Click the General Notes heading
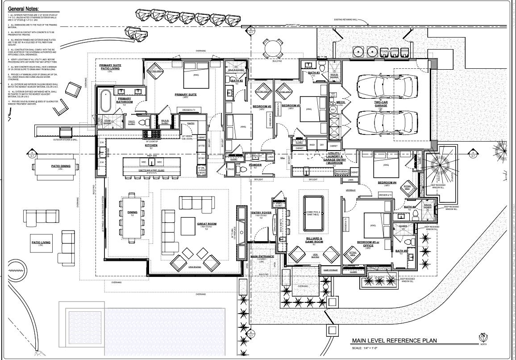pos(23,8)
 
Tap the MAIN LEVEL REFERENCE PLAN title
pos(394,341)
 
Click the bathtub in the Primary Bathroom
pos(106,101)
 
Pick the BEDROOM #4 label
pos(387,182)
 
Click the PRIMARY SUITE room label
pos(186,95)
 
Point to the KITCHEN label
pos(151,145)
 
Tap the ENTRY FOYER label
pos(262,213)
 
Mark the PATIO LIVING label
pos(41,243)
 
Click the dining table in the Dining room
pos(132,215)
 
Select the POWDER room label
pos(255,165)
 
